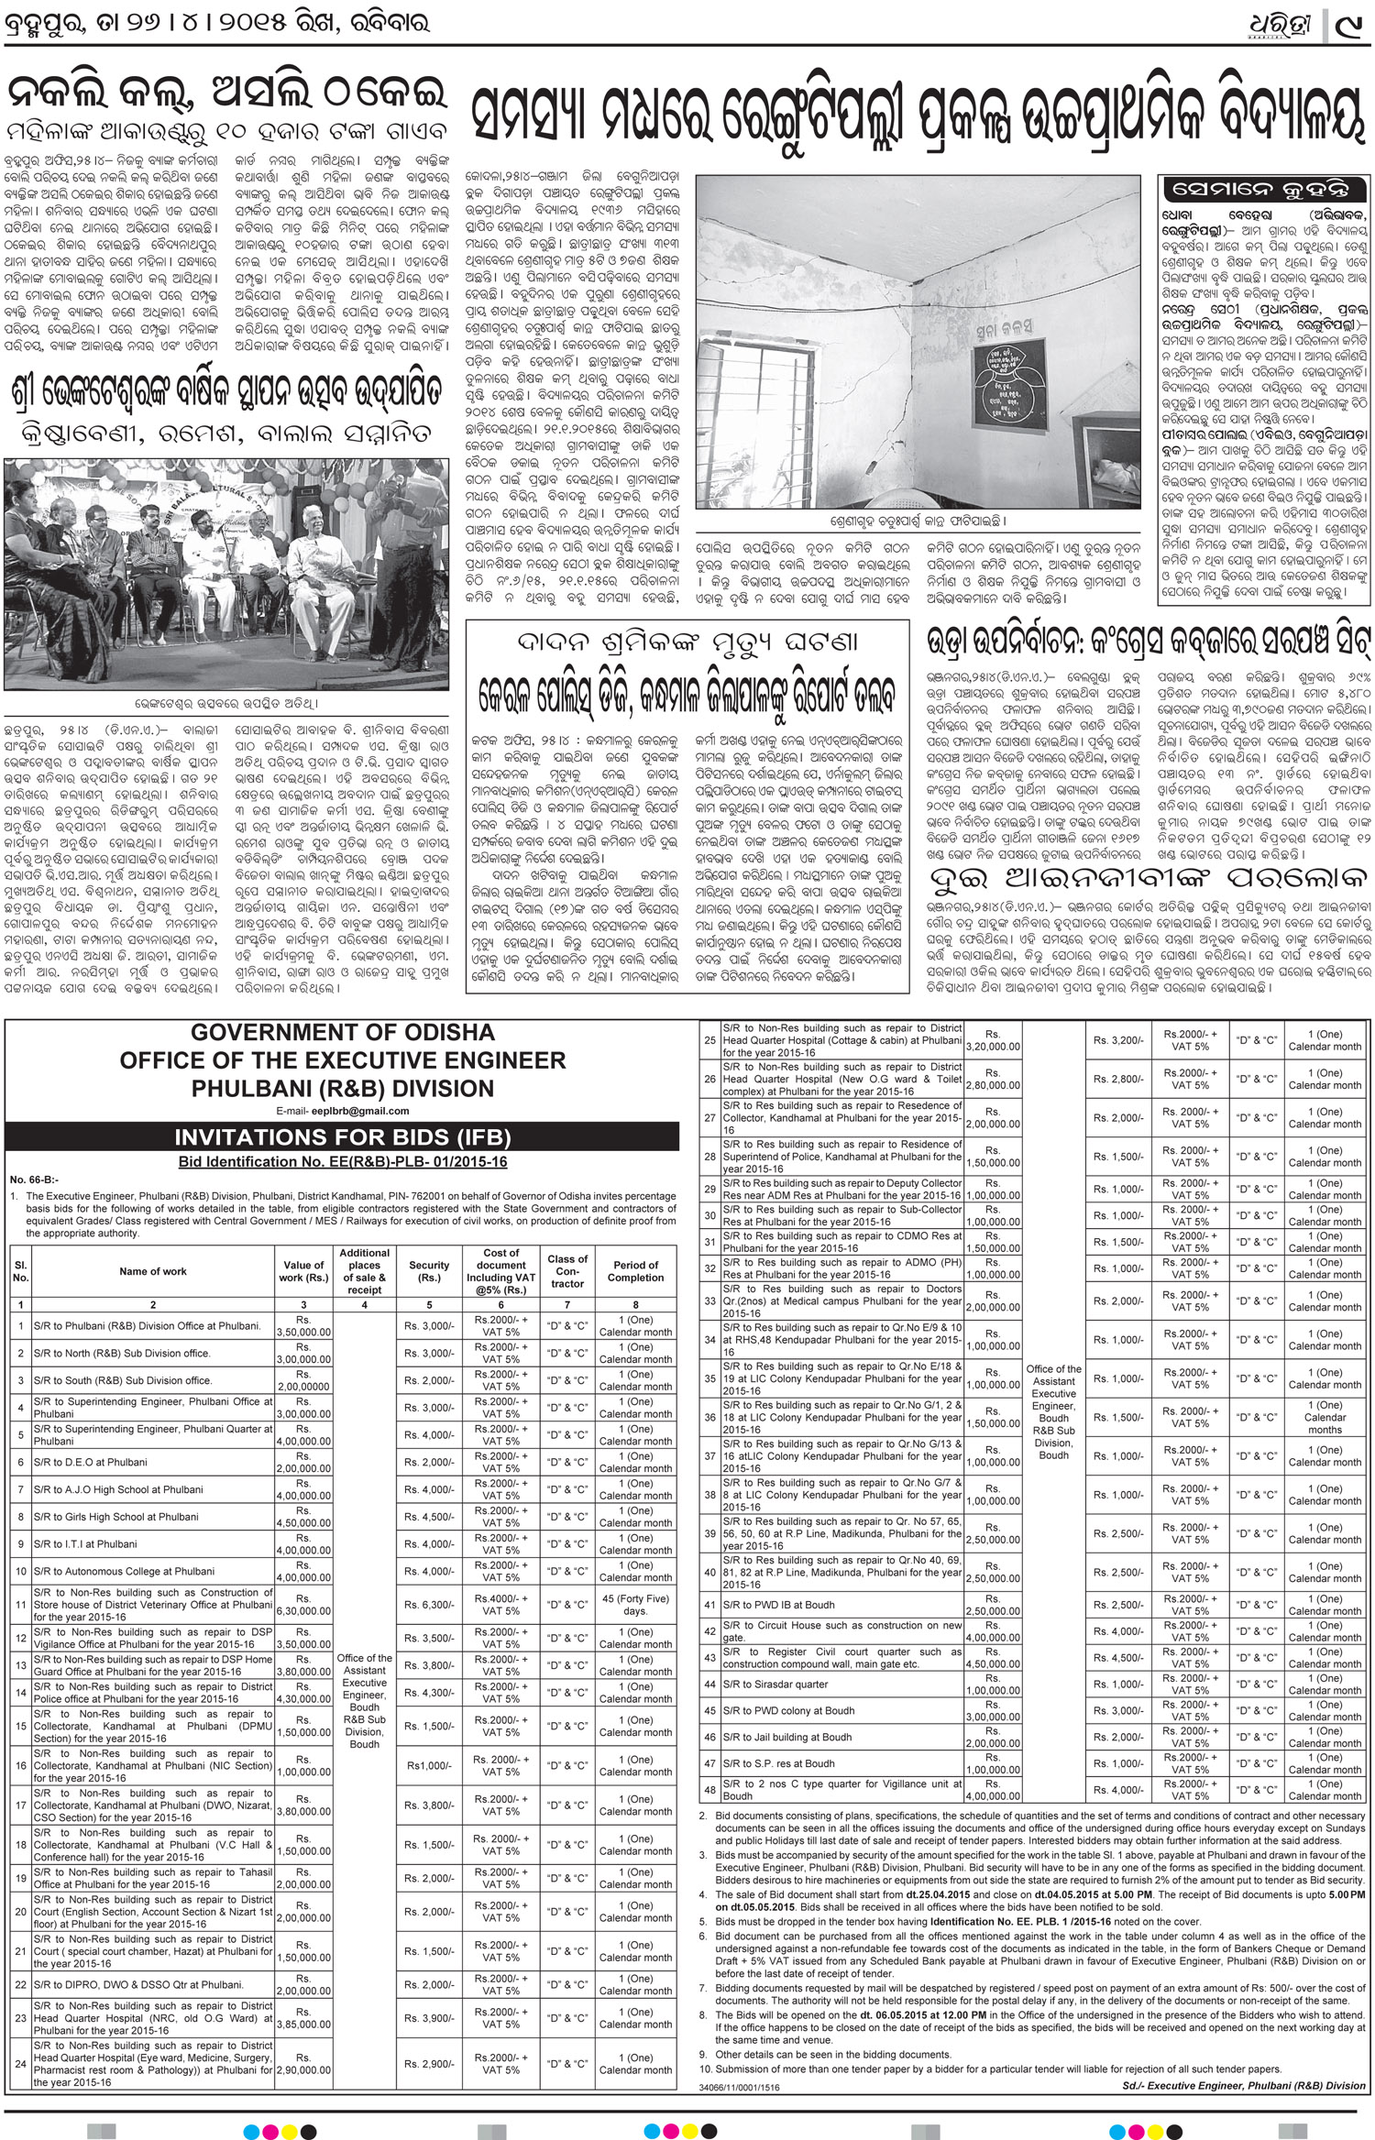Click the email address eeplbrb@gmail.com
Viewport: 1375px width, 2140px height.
[x=343, y=1112]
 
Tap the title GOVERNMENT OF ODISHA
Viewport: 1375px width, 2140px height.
[x=343, y=1033]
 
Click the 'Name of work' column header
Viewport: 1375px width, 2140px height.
[x=153, y=1271]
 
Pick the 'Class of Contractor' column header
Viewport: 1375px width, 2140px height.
[x=567, y=1271]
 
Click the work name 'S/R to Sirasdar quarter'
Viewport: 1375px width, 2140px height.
[x=775, y=1685]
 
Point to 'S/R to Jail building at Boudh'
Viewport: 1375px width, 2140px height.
[x=787, y=1737]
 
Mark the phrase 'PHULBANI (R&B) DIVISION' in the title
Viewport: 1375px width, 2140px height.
[x=343, y=1089]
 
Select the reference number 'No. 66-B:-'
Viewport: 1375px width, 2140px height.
[x=33, y=1180]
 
